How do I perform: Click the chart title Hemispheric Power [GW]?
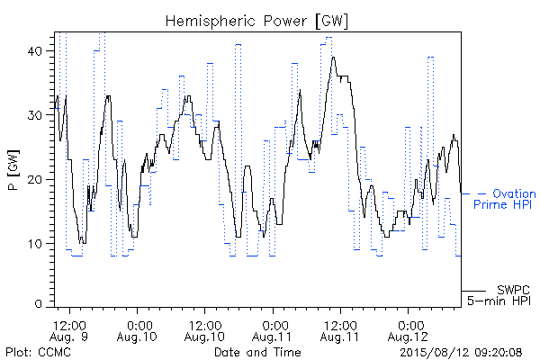[x=256, y=22]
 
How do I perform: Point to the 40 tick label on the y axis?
[x=35, y=51]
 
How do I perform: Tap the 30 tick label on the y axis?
[x=35, y=115]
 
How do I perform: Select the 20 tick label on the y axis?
[x=35, y=179]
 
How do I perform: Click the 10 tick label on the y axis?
[x=35, y=244]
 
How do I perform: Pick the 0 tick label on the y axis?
[x=39, y=304]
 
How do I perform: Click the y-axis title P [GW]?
[x=13, y=170]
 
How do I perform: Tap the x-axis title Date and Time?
[x=257, y=352]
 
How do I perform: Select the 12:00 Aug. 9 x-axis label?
[x=68, y=331]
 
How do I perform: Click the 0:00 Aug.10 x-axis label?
[x=137, y=331]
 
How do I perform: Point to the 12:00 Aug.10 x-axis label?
[x=204, y=331]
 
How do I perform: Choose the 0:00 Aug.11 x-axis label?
[x=272, y=331]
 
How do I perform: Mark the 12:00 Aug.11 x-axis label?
[x=340, y=331]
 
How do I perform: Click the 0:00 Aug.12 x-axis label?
[x=408, y=331]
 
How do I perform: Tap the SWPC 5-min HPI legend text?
[x=499, y=295]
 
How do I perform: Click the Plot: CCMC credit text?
[x=38, y=352]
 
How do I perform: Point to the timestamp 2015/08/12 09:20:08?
[x=461, y=352]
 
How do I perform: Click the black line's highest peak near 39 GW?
[x=333, y=58]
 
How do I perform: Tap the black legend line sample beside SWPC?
[x=473, y=291]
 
